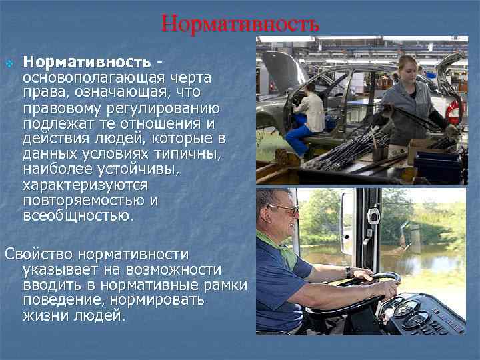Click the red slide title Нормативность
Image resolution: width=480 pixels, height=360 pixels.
click(x=240, y=24)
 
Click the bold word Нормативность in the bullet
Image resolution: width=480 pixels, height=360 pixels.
click(x=87, y=62)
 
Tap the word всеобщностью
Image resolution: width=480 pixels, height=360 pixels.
click(x=78, y=215)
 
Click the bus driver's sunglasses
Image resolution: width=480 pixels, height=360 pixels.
click(x=284, y=210)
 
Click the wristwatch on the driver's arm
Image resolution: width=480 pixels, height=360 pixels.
click(x=348, y=272)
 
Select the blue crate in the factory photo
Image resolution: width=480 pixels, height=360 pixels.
click(x=437, y=167)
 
